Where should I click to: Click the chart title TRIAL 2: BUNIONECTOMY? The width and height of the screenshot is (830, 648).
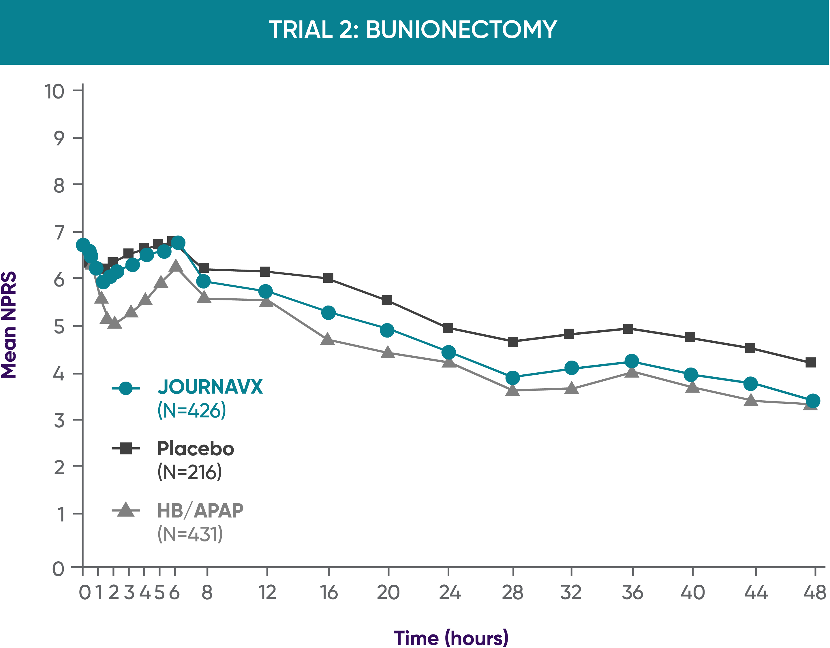click(413, 30)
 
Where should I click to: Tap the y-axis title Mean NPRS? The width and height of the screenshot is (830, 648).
click(9, 325)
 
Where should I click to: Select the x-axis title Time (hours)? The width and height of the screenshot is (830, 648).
click(451, 638)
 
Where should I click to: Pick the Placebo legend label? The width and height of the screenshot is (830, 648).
click(196, 449)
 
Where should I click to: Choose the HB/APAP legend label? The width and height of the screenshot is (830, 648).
click(200, 511)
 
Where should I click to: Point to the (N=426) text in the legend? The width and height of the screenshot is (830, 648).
click(192, 410)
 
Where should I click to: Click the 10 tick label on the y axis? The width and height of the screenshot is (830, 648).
click(54, 92)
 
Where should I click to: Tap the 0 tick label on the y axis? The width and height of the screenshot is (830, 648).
click(58, 569)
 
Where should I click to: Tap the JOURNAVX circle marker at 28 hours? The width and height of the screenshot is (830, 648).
click(513, 378)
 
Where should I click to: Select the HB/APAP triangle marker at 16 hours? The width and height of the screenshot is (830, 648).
click(328, 339)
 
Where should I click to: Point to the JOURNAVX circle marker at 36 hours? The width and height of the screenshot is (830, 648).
click(632, 361)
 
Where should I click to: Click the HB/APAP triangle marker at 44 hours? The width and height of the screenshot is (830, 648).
click(751, 400)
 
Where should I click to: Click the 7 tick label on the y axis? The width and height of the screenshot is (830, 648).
click(59, 232)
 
